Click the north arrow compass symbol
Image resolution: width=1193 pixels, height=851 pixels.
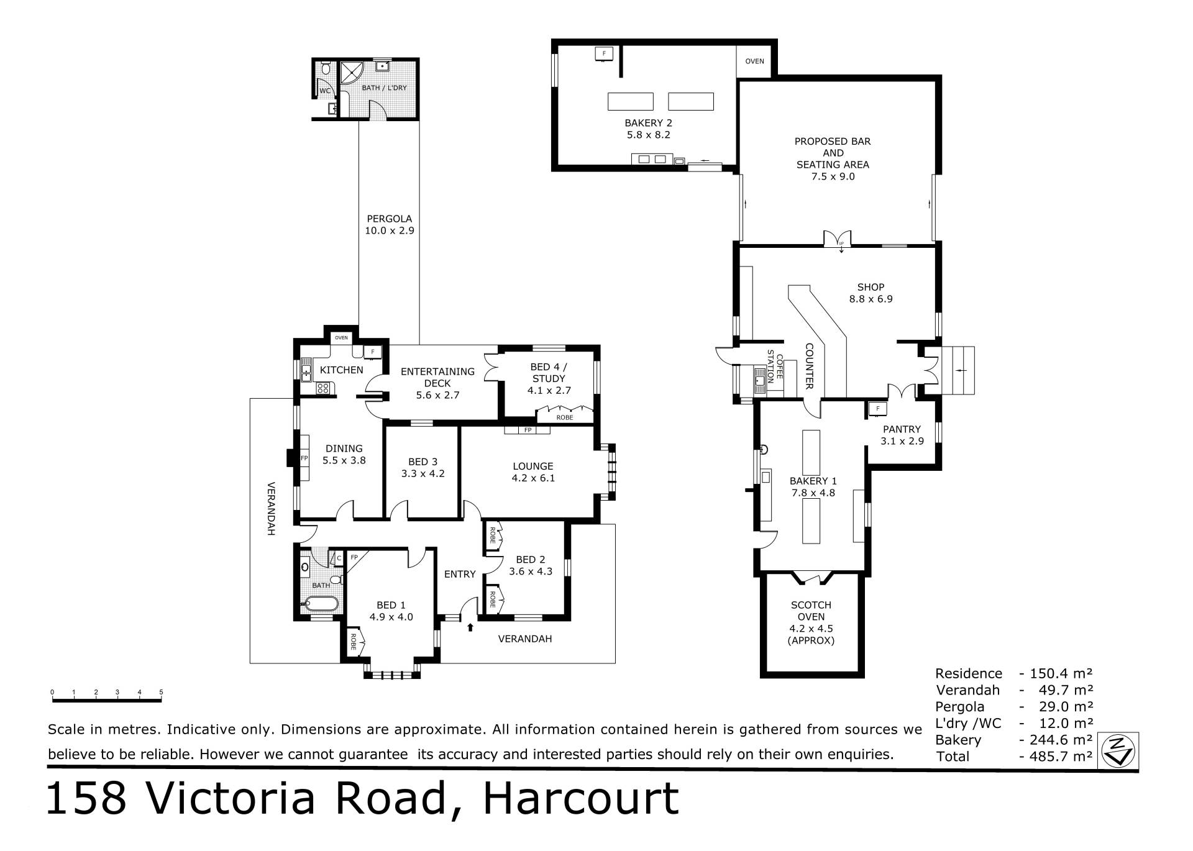click(x=1118, y=751)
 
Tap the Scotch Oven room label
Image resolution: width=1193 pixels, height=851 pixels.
click(x=811, y=622)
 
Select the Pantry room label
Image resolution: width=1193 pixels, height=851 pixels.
click(x=902, y=435)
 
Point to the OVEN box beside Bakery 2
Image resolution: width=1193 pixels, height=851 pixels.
click(x=754, y=61)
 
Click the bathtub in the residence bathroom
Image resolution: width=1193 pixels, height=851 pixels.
click(x=321, y=603)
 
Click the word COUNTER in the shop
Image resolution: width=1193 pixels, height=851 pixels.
click(x=809, y=366)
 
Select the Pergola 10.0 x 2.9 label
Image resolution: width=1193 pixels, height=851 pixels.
click(x=389, y=224)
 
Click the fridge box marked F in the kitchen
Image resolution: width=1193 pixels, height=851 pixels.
click(x=372, y=352)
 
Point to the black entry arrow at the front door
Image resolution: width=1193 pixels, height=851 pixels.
click(x=470, y=627)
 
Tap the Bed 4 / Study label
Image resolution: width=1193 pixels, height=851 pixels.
click(x=549, y=378)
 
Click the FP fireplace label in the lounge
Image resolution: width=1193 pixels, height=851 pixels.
click(x=528, y=430)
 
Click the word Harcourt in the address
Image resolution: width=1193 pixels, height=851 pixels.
click(x=581, y=799)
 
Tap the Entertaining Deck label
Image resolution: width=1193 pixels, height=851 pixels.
click(x=437, y=383)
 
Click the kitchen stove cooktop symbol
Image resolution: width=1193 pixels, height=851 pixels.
click(x=323, y=388)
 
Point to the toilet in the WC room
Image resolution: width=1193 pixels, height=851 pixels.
click(x=324, y=68)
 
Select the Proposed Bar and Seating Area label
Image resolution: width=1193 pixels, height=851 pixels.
click(x=833, y=158)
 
